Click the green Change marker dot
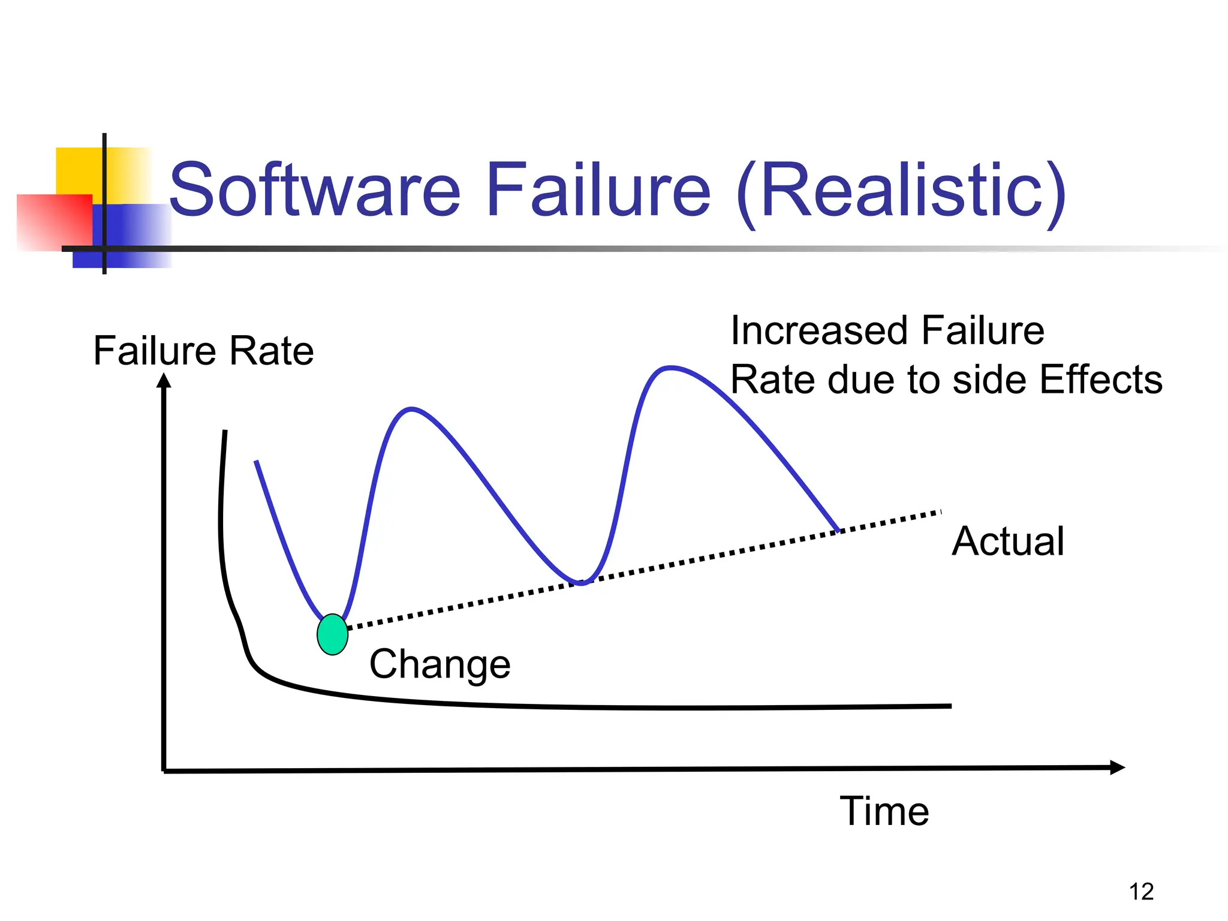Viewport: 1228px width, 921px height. [332, 634]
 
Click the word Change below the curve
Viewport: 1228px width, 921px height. [440, 664]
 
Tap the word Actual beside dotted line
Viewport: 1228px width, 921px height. [1007, 541]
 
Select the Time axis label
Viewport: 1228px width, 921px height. [884, 811]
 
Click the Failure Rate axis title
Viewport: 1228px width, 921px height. [203, 351]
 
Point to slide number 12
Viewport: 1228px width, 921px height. [1141, 892]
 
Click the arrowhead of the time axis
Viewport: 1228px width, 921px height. [1117, 767]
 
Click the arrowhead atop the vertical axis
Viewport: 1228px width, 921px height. [164, 381]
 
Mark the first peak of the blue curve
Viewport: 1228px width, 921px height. [411, 410]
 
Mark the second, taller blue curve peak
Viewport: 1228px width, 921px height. [670, 368]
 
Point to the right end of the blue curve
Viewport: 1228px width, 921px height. [838, 530]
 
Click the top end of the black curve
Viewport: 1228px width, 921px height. [225, 432]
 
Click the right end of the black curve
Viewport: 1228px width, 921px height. [950, 706]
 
